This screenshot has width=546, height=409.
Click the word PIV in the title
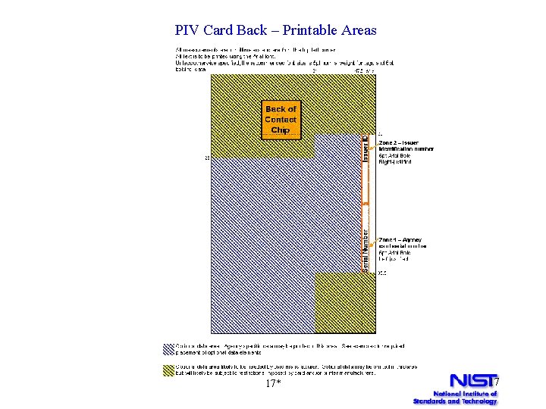coord(187,30)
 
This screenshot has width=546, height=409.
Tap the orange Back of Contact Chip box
coord(281,120)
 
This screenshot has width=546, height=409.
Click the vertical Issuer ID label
coord(365,148)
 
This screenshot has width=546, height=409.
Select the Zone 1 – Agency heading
coord(400,240)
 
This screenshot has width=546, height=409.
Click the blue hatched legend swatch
coord(168,349)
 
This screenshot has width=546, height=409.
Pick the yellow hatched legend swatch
coord(168,370)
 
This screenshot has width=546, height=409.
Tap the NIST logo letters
coord(471,380)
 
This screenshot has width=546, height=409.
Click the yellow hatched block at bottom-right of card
coord(340,302)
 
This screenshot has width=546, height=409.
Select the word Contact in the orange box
coord(281,120)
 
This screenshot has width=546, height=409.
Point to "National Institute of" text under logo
coord(464,393)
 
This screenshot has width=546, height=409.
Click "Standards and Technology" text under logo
coord(455,401)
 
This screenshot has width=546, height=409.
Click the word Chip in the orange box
coord(281,130)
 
